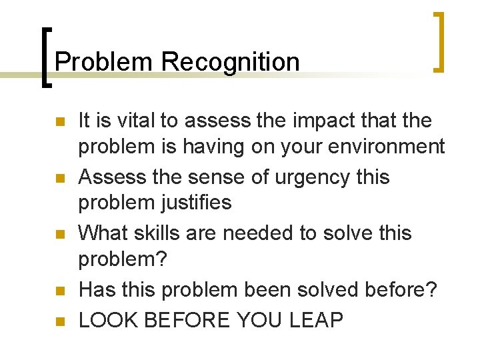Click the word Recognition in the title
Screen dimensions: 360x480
[230, 63]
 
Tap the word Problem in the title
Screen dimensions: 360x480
[105, 63]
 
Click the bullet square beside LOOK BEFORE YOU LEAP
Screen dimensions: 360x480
[59, 321]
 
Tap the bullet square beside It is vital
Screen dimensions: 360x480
[59, 122]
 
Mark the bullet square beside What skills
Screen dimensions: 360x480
[59, 235]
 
